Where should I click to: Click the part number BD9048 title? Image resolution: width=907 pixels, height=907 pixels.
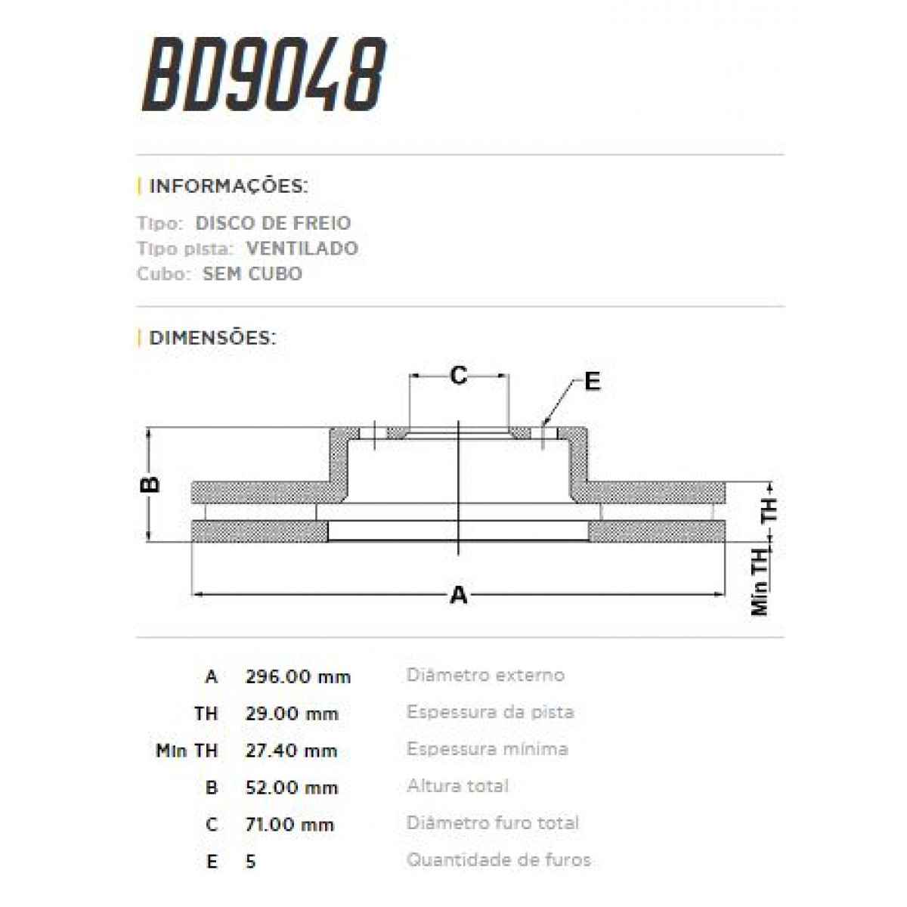[264, 75]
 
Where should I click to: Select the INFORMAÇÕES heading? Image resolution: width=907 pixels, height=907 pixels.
[228, 186]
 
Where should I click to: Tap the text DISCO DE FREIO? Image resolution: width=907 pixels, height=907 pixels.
[273, 223]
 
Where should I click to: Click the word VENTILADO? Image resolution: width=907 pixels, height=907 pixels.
[302, 248]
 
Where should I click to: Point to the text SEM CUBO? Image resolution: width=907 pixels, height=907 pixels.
[252, 274]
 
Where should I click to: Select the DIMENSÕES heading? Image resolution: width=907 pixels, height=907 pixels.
[212, 337]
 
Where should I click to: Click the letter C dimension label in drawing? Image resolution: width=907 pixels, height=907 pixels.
[459, 375]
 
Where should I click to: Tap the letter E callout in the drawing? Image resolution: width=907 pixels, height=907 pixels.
[592, 382]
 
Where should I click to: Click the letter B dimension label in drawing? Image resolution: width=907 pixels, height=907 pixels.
[152, 484]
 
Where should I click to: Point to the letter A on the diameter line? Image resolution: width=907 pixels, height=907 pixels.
[459, 596]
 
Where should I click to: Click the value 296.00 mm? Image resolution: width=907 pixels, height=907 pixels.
[298, 676]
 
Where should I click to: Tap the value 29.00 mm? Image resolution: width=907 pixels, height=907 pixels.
[292, 714]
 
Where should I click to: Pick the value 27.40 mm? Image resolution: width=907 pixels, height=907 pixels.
[291, 751]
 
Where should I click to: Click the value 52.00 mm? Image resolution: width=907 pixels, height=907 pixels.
[291, 788]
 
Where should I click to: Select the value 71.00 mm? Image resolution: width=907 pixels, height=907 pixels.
[289, 825]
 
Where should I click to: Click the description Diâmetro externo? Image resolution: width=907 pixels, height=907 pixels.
[485, 675]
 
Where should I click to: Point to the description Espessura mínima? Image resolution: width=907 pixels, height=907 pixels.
[487, 749]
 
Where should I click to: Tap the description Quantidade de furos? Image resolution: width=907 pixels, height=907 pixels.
[498, 860]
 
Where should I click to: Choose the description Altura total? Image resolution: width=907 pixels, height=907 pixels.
[457, 786]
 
